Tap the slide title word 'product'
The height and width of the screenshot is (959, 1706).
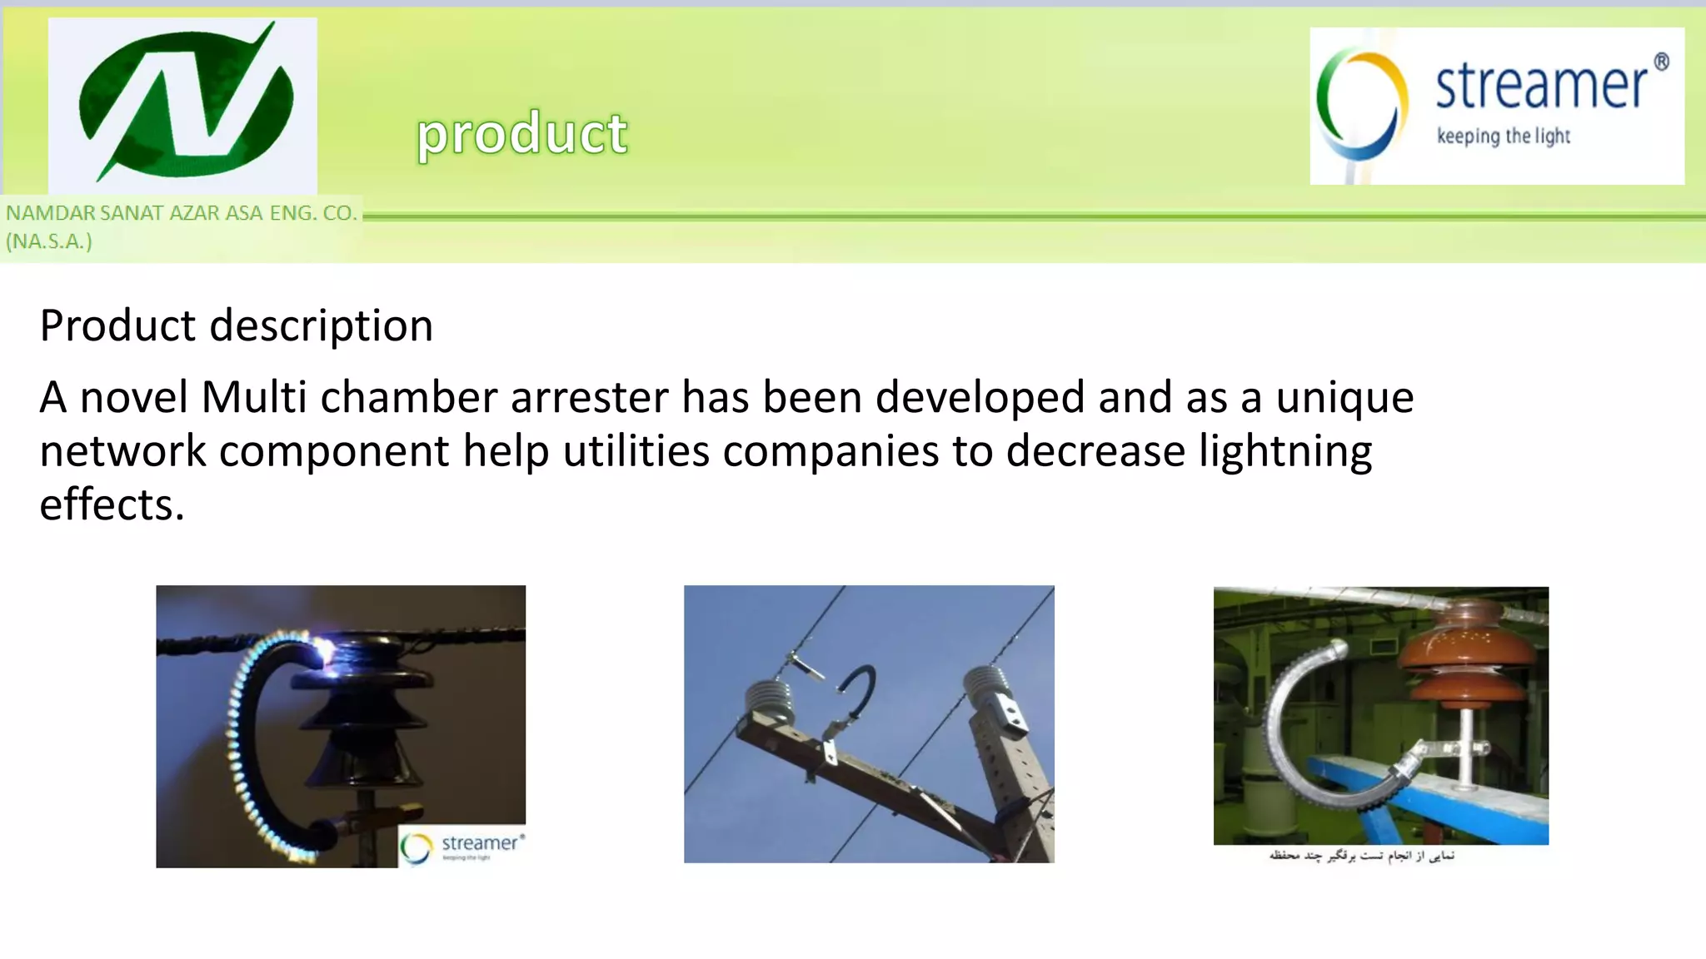(522, 134)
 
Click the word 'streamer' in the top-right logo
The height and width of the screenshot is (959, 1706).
(1541, 86)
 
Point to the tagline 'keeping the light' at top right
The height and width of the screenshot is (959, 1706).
(1503, 137)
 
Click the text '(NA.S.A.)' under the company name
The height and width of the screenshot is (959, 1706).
(49, 241)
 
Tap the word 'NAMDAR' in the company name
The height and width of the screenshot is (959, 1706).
(50, 213)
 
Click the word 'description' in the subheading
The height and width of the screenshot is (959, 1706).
(322, 325)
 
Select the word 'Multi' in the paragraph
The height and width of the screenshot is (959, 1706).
(254, 397)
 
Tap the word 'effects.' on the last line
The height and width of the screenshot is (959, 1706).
(112, 505)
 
